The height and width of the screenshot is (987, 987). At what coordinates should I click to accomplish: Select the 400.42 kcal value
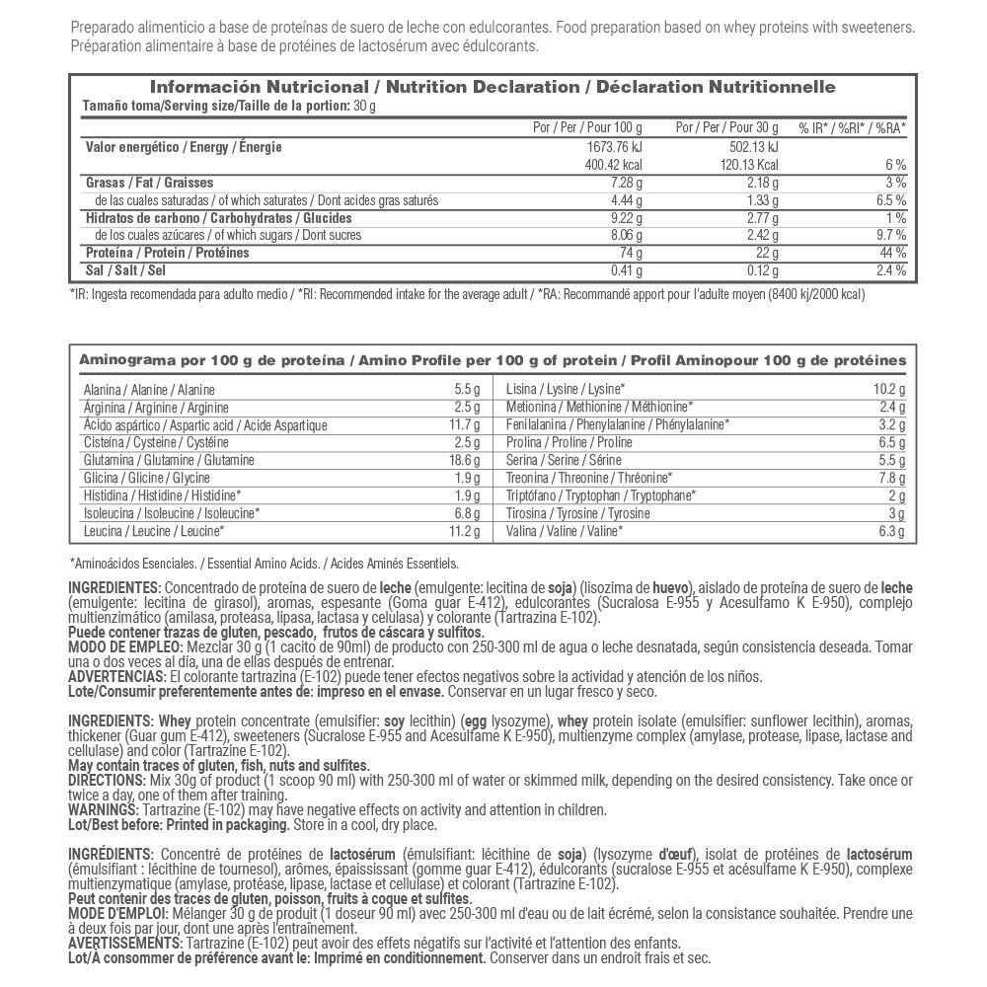615,165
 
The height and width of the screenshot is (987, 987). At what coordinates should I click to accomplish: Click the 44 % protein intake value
893,253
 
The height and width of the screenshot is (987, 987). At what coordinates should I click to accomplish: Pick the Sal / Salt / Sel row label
124,270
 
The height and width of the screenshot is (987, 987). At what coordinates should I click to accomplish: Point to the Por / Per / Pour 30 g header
727,128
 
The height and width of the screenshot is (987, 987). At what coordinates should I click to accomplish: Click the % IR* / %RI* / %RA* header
853,128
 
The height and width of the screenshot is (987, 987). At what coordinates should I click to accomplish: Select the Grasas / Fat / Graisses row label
149,183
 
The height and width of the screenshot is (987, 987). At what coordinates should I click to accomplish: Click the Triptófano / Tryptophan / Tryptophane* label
601,495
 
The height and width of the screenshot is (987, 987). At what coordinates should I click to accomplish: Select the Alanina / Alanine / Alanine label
149,390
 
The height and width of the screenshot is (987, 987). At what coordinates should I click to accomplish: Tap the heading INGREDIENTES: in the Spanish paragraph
108,588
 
